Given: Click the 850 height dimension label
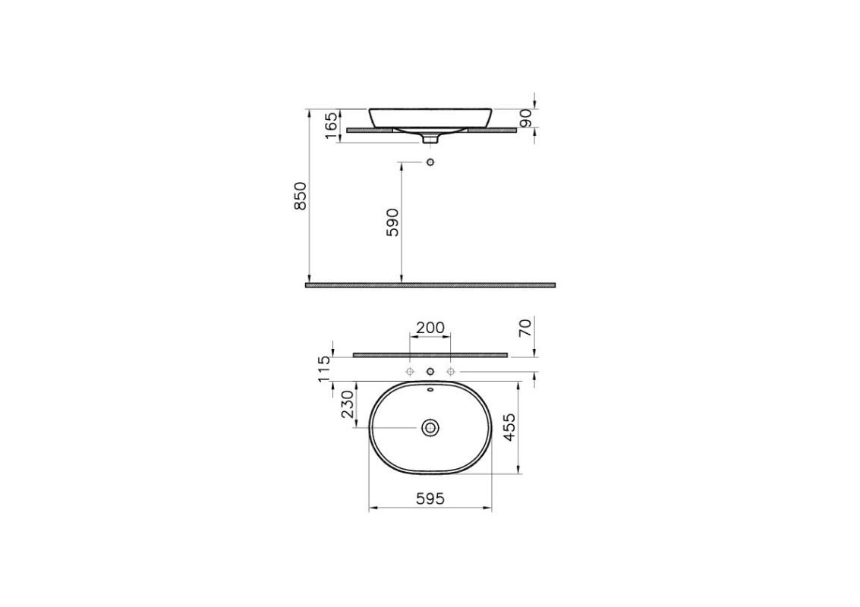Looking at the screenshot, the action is (x=300, y=196).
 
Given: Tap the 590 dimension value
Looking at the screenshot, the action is (x=392, y=222).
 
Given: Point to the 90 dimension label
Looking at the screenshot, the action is (x=525, y=118).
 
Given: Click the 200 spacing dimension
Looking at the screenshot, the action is (x=430, y=328).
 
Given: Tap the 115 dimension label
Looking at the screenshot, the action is (x=324, y=368).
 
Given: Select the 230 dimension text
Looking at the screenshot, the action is (x=348, y=404).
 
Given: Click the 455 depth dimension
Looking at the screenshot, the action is (x=509, y=428).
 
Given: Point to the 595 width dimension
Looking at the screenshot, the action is (x=430, y=498).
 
